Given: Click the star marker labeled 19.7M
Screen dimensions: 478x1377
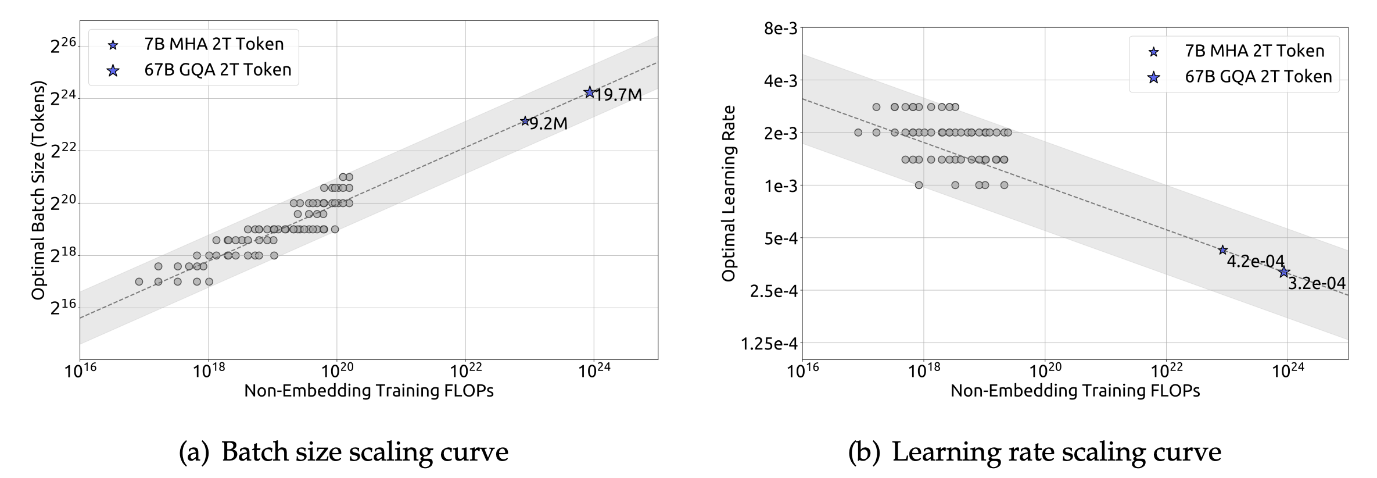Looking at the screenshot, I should click(589, 92).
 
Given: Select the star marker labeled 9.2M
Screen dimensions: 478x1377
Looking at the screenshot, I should click(525, 121).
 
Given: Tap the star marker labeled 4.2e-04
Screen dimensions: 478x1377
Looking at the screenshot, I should click(1222, 249).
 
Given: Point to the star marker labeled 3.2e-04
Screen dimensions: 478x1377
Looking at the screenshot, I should click(1284, 272).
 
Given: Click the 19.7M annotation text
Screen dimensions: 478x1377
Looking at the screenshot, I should click(619, 95).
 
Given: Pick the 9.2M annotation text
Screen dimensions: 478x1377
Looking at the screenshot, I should click(548, 123).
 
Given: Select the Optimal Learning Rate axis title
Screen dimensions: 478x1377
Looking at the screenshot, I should click(729, 193).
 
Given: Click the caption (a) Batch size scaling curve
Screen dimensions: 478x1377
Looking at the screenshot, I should click(344, 452).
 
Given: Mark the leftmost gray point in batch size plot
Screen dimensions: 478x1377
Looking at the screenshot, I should click(139, 281).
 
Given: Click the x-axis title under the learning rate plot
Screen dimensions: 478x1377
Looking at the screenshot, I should click(1075, 391).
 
